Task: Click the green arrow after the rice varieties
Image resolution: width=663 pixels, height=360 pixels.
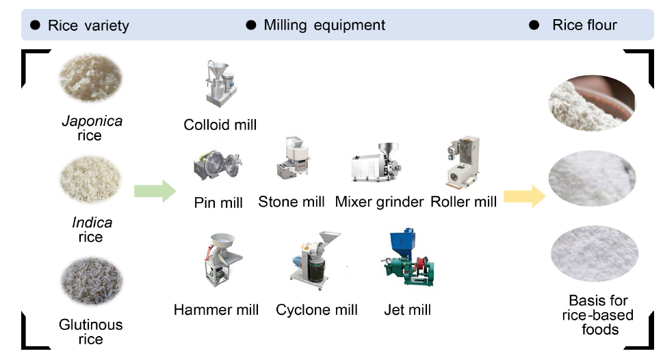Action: click(155, 191)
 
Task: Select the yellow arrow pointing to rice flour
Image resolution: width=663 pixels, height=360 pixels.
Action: click(524, 196)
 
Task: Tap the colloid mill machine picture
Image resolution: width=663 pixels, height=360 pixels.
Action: click(220, 83)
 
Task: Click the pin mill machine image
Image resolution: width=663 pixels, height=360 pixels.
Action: click(218, 165)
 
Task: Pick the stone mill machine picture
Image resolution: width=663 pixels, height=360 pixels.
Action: click(294, 157)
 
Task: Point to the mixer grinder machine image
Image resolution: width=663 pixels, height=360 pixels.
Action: click(376, 162)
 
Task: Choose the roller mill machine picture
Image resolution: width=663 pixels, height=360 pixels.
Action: click(463, 162)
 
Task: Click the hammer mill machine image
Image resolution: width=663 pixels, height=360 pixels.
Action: click(222, 259)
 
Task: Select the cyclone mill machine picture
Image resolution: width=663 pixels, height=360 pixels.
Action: click(315, 259)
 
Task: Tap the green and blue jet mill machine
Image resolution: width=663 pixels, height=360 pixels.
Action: click(408, 257)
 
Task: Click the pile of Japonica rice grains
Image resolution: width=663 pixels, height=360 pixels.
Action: click(90, 78)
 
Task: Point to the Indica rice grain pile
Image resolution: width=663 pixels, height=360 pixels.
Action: click(90, 179)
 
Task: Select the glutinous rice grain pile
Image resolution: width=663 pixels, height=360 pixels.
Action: click(91, 281)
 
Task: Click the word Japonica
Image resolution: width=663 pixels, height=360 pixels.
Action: click(92, 121)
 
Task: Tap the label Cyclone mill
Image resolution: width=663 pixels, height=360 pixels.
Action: click(317, 309)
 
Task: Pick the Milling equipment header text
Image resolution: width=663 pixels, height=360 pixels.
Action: click(324, 25)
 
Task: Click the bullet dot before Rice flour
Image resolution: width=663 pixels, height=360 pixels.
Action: click(534, 25)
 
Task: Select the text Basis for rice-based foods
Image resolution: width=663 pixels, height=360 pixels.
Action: click(598, 315)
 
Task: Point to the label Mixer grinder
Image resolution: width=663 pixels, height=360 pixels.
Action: click(379, 202)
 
